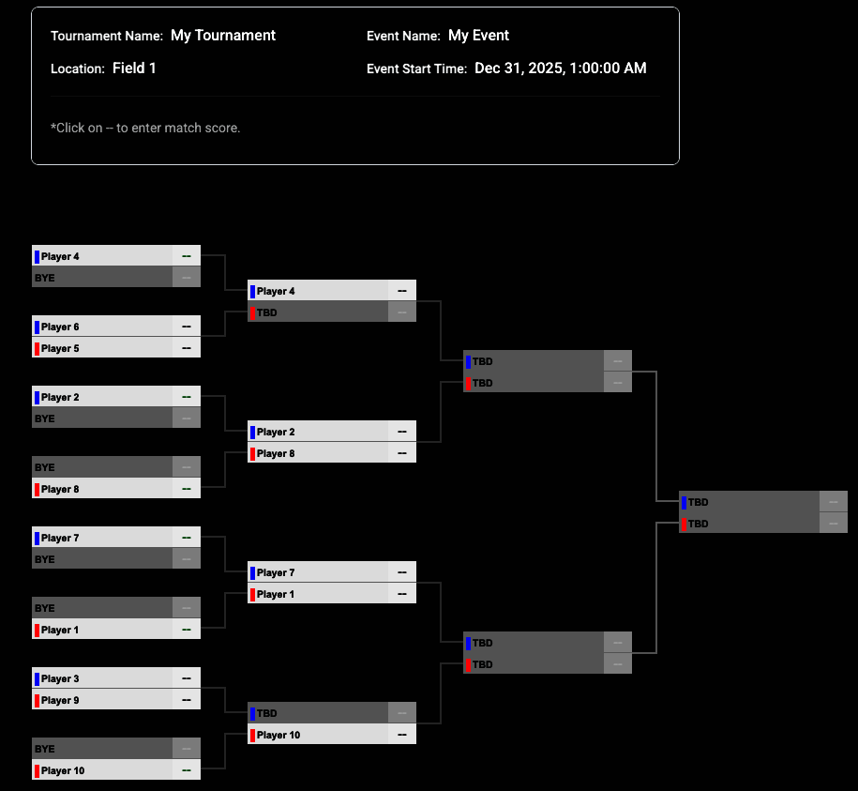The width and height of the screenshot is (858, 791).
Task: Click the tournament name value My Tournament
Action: point(223,36)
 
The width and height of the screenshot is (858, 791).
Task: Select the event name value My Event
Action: point(478,36)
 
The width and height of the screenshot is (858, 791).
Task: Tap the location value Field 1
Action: point(134,68)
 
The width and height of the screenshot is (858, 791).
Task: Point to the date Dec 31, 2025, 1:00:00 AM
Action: point(561,68)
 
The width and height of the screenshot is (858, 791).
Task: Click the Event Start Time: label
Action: point(416,69)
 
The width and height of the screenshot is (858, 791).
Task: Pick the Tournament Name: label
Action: point(107,37)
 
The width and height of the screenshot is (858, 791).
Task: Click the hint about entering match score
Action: point(145,129)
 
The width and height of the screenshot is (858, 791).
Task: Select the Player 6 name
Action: point(60,327)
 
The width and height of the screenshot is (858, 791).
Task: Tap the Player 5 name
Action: point(60,348)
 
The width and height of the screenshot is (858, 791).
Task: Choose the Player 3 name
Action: point(60,678)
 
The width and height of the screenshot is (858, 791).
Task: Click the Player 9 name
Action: point(60,700)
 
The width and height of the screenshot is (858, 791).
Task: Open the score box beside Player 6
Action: point(187,327)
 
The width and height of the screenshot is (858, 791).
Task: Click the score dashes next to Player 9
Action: point(187,700)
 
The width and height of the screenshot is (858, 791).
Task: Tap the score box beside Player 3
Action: point(187,678)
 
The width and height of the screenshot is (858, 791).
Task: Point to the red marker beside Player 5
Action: point(38,349)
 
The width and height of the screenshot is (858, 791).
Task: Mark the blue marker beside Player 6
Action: point(38,327)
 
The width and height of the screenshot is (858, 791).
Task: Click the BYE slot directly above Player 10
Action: point(116,748)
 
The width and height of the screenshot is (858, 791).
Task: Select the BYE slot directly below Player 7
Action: point(116,559)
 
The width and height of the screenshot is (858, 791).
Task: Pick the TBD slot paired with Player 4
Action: point(332,312)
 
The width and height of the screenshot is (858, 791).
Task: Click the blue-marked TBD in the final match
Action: point(762,502)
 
